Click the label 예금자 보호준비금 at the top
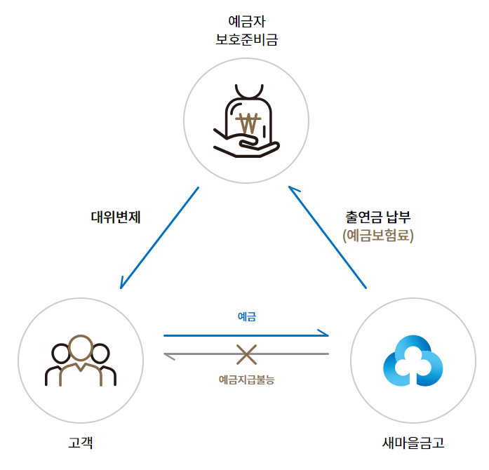(x=246, y=31)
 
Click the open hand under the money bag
(x=246, y=145)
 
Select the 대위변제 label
(x=116, y=217)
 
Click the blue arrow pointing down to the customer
(x=159, y=237)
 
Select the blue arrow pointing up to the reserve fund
(x=328, y=237)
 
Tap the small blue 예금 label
(x=246, y=317)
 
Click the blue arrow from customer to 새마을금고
(x=246, y=335)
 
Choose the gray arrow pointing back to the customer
(x=246, y=354)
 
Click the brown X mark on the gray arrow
(x=246, y=354)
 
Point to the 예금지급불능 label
(x=246, y=380)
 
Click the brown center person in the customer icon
(x=81, y=359)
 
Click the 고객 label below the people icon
(x=81, y=443)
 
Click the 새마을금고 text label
(x=413, y=443)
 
